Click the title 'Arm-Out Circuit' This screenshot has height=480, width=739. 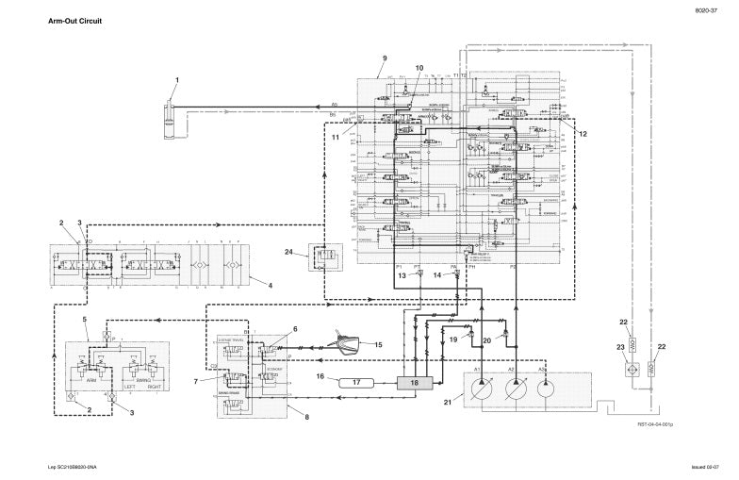point(74,20)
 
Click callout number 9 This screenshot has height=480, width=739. point(385,58)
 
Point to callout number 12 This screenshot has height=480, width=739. point(583,134)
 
